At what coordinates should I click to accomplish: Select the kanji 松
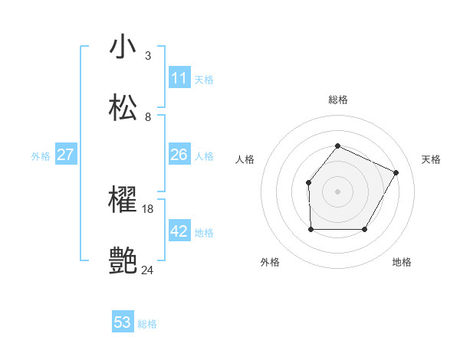123,107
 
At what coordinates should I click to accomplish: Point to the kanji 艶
123,261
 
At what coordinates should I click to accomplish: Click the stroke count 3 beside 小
148,56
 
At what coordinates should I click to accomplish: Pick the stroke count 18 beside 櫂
149,208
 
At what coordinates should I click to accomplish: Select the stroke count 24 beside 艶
148,270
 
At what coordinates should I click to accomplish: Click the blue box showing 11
179,78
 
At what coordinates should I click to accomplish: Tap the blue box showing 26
179,155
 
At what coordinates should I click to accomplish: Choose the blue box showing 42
179,231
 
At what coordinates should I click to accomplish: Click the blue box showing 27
65,155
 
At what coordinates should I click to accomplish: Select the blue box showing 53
123,322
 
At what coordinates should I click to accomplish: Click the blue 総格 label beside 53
147,324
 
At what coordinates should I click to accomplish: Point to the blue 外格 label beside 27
41,156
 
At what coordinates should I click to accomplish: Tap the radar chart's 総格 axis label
337,100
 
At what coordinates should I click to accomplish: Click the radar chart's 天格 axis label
431,159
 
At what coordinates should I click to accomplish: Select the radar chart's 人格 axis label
245,159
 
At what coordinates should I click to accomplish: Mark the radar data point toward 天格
396,172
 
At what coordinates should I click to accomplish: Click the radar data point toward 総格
337,146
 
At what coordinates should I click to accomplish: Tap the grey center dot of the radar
337,191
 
